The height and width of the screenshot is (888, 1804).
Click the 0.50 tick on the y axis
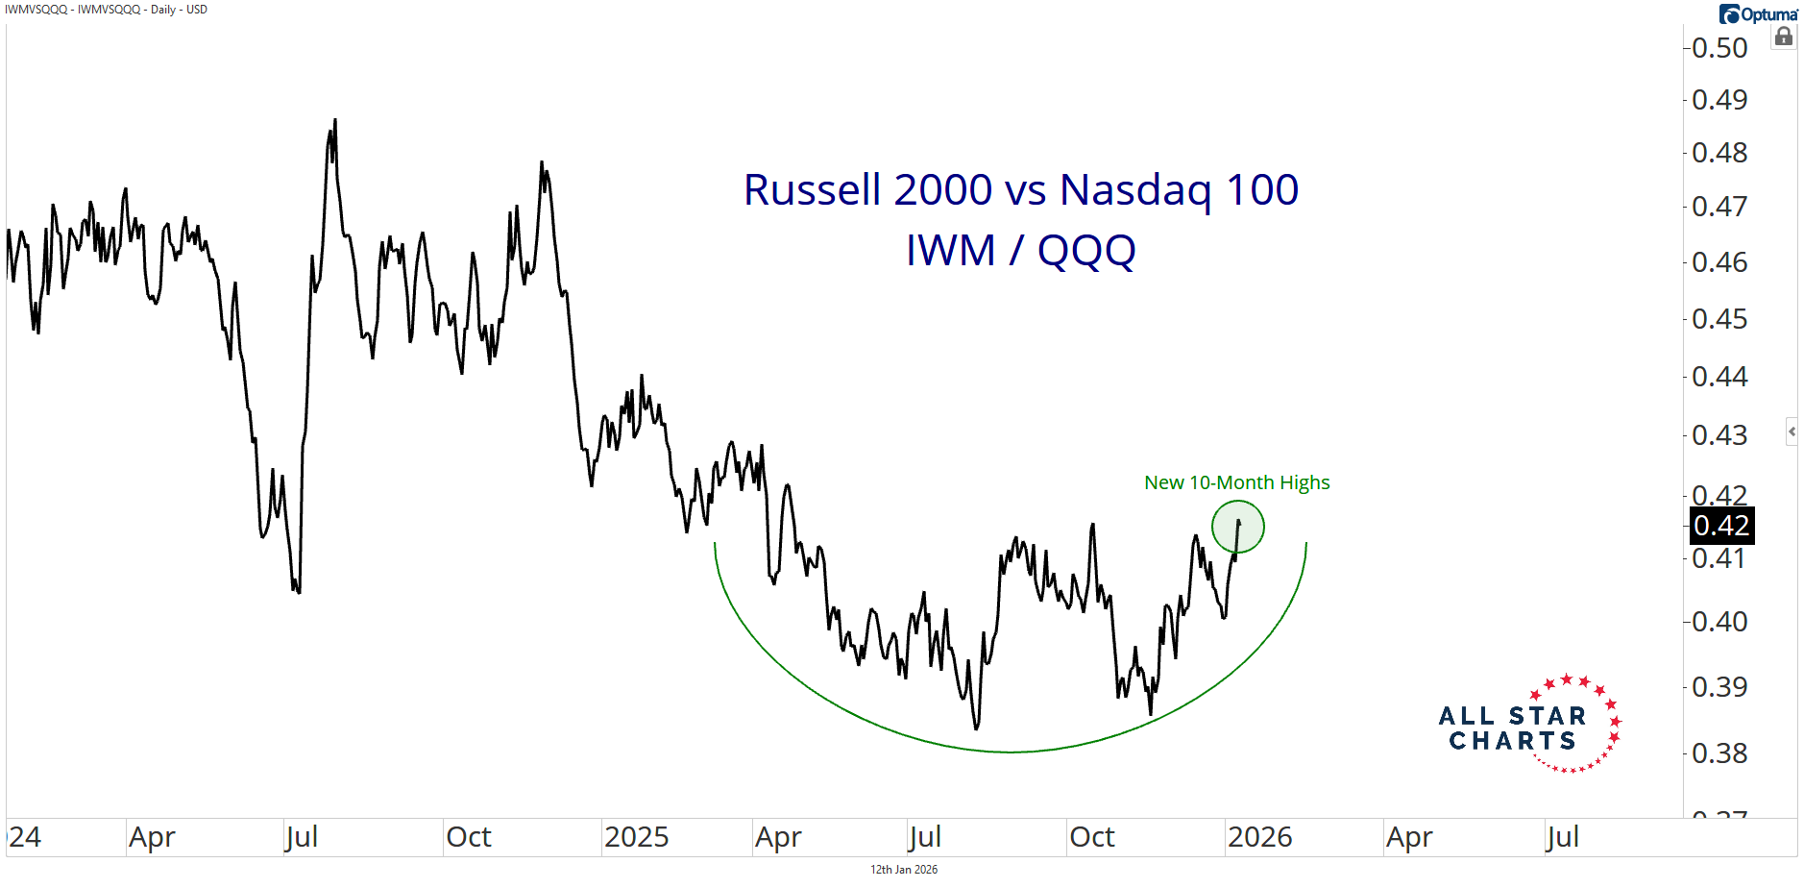[1719, 48]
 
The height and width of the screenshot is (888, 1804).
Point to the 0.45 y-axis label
[1719, 319]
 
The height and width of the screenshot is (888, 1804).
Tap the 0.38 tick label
[1719, 753]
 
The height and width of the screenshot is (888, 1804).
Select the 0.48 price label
[1719, 153]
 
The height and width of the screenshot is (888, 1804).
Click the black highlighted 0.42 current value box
[1721, 526]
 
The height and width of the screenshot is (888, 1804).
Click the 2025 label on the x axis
[636, 837]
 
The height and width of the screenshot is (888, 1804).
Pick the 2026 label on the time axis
[1259, 837]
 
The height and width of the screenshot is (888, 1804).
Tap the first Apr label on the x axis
[152, 837]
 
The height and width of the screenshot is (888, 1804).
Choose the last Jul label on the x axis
[1562, 837]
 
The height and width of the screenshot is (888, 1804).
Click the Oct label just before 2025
[468, 837]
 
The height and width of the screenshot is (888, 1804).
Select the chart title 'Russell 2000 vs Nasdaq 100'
[1021, 190]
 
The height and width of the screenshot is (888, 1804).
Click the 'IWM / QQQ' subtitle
[1021, 251]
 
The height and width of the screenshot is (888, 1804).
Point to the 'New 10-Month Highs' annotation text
[1236, 482]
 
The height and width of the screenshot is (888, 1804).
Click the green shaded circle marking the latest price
[1238, 527]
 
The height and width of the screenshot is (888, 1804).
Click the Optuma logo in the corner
[1758, 14]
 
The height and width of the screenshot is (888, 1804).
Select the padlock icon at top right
[1784, 37]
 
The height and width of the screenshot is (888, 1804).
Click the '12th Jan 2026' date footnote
[904, 870]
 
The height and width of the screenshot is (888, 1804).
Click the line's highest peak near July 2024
[334, 120]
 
